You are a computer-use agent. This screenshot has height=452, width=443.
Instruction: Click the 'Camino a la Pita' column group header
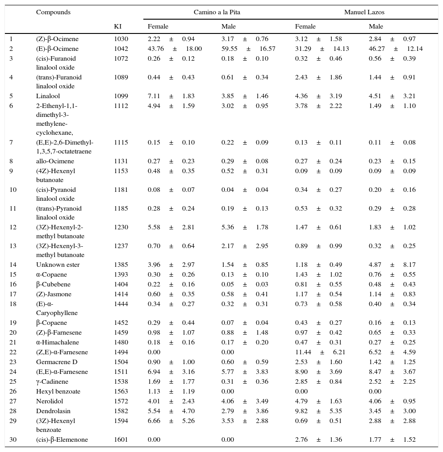(217, 12)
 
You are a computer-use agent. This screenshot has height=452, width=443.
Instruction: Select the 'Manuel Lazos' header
(364, 12)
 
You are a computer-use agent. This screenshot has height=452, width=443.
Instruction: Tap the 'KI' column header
(117, 26)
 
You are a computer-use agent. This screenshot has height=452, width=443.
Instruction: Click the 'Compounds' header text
(53, 12)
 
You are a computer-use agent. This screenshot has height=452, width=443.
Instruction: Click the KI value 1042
(121, 49)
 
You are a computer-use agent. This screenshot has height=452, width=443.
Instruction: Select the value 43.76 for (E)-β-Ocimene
(156, 49)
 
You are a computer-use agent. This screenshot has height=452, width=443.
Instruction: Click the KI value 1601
(121, 440)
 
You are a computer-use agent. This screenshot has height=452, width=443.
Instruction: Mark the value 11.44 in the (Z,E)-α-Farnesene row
(303, 352)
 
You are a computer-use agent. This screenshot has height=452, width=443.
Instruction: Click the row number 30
(13, 440)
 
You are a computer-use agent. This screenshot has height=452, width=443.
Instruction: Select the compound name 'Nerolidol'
(50, 401)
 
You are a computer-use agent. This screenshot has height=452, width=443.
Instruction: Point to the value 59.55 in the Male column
(229, 49)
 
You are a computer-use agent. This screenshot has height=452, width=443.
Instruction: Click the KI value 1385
(121, 265)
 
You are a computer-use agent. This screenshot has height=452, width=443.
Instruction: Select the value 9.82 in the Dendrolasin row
(301, 411)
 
